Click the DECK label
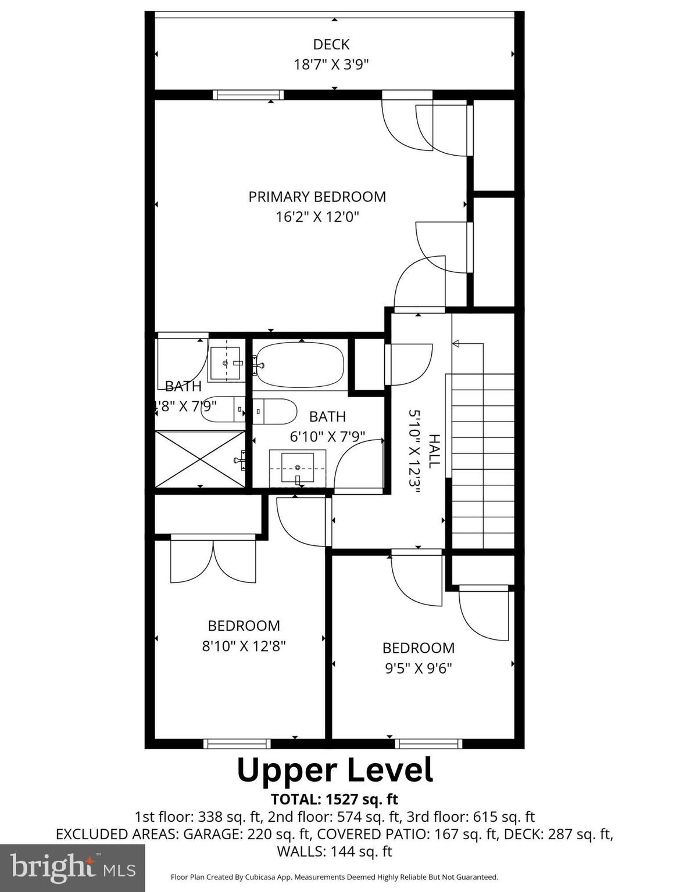[x=331, y=45]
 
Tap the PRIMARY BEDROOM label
[x=317, y=197]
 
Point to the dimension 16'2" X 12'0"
[x=317, y=217]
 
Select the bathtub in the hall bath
[x=299, y=365]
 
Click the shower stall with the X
[x=200, y=458]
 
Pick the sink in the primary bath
[x=226, y=364]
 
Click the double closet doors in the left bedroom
[x=213, y=561]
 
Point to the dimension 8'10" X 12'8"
[x=244, y=646]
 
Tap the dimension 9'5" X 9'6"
[x=419, y=668]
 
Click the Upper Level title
[x=335, y=770]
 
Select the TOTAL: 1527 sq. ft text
[x=334, y=800]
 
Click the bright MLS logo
[x=73, y=868]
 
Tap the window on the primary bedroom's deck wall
[x=248, y=95]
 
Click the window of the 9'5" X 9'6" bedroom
[x=428, y=743]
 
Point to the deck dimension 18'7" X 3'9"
[x=331, y=64]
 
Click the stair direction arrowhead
[x=456, y=344]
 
